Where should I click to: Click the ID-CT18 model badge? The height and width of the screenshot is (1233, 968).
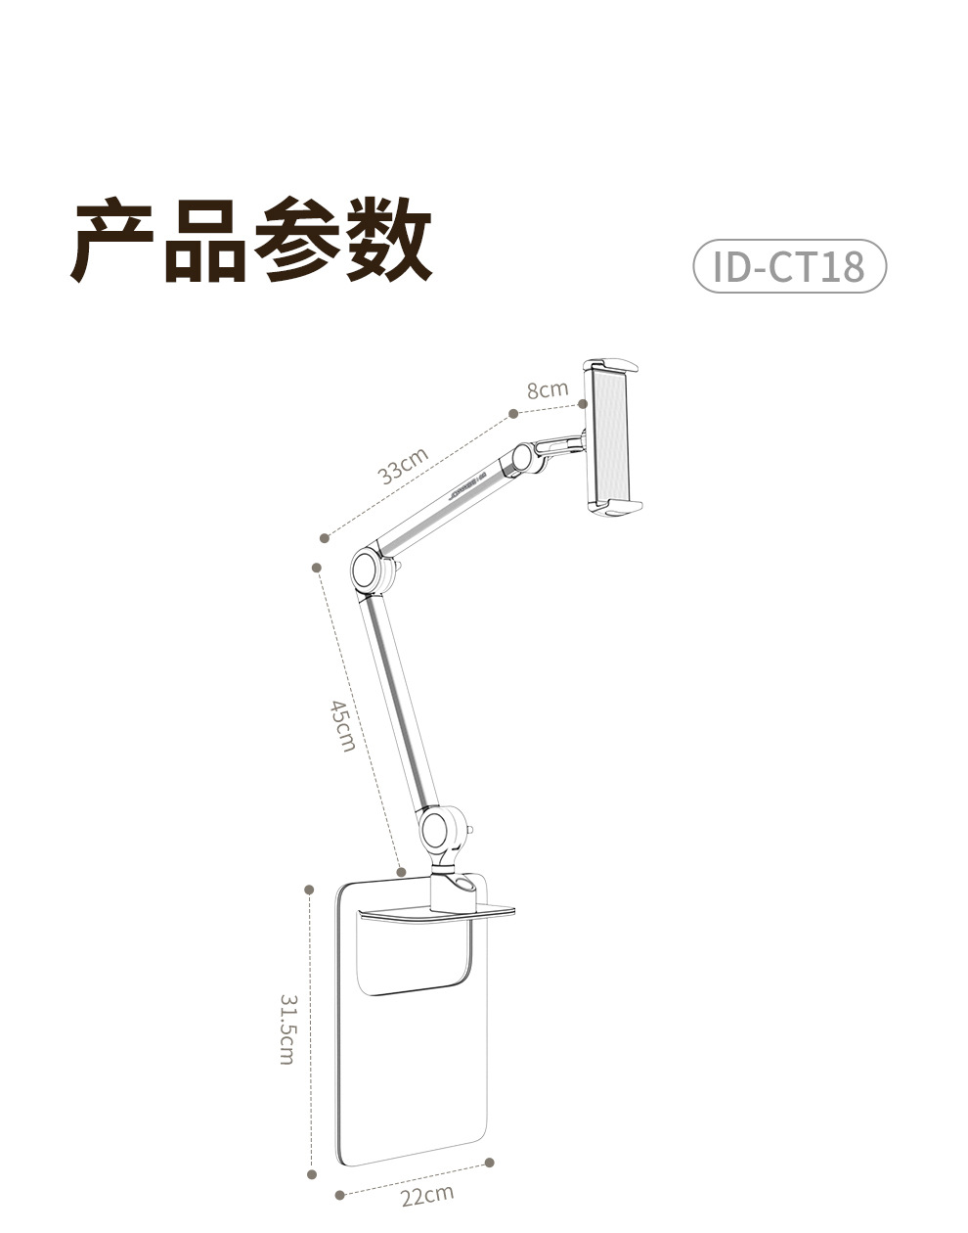[x=789, y=265]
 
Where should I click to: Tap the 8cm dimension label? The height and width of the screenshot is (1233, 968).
[x=547, y=389]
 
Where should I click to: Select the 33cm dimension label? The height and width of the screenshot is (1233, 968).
[x=404, y=466]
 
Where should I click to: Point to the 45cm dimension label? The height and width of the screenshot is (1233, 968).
[x=341, y=725]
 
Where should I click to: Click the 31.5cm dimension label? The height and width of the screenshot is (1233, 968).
[x=287, y=1028]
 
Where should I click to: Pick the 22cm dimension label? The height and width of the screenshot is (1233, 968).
[x=427, y=1194]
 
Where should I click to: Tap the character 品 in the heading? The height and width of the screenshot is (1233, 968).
[x=205, y=240]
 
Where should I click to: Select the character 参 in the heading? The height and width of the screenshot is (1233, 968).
[x=296, y=240]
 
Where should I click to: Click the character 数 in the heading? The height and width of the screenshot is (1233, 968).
[x=387, y=240]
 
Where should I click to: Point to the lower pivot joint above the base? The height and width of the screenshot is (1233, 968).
[x=437, y=829]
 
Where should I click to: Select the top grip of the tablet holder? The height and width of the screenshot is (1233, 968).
[x=613, y=367]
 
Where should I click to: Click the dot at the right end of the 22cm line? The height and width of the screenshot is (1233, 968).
[x=489, y=1163]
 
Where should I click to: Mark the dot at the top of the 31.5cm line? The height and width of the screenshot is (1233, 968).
[x=310, y=890]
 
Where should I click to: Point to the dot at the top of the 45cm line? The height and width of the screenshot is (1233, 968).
[x=316, y=567]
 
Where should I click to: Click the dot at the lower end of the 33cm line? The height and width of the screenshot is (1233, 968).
[x=324, y=536]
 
